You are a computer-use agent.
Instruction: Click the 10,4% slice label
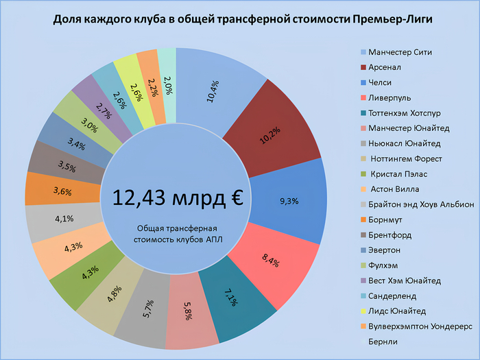213,91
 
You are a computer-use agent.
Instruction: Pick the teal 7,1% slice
232,300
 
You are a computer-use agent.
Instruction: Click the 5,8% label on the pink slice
191,313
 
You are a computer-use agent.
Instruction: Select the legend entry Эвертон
386,250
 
